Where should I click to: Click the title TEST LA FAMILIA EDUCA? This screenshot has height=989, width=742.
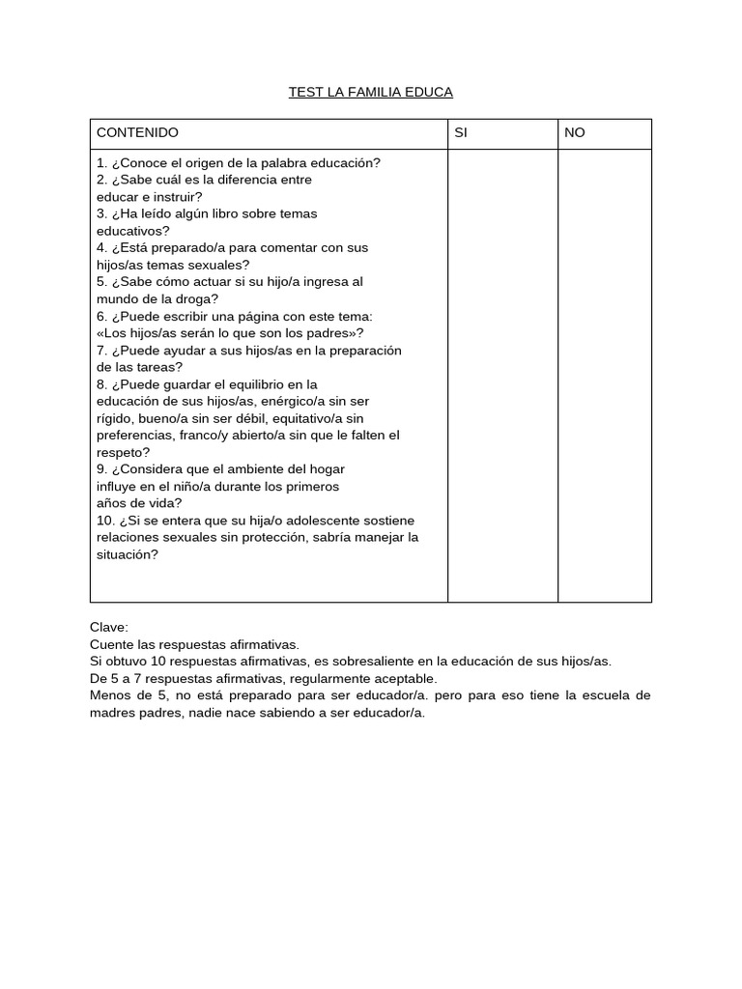click(371, 93)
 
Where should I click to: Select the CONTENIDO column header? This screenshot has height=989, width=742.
click(137, 132)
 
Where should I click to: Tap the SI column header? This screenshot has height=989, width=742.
click(461, 132)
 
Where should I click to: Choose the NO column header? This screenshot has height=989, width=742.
click(575, 132)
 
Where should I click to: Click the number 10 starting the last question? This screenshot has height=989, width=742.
click(102, 521)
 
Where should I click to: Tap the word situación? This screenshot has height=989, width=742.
click(124, 554)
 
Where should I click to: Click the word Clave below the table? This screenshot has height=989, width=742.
click(108, 627)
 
